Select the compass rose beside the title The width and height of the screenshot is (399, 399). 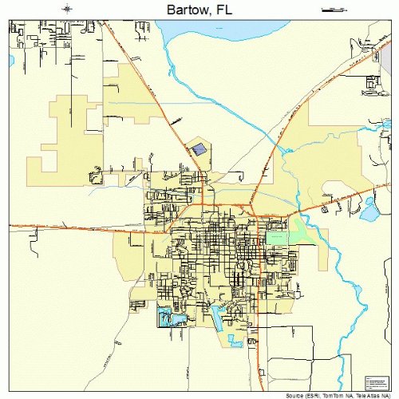tap(69, 9)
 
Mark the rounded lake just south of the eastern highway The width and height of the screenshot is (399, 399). tap(369, 211)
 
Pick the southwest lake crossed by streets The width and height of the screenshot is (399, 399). tap(171, 318)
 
